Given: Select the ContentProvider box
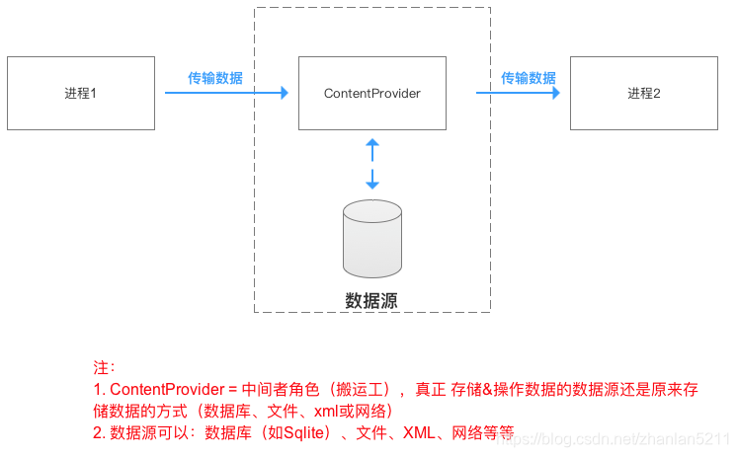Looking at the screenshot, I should click(371, 93).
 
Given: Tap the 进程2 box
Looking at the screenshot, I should click(644, 93).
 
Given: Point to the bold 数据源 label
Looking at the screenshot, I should click(371, 301).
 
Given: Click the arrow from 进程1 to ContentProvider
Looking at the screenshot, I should click(225, 94).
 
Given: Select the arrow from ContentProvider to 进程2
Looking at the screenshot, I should click(519, 94).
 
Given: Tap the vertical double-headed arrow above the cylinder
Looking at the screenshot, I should click(372, 164).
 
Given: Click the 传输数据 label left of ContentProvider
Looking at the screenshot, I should click(215, 78).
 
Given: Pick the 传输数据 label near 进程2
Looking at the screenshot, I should click(528, 78).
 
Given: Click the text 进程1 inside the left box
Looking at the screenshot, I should click(80, 94).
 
